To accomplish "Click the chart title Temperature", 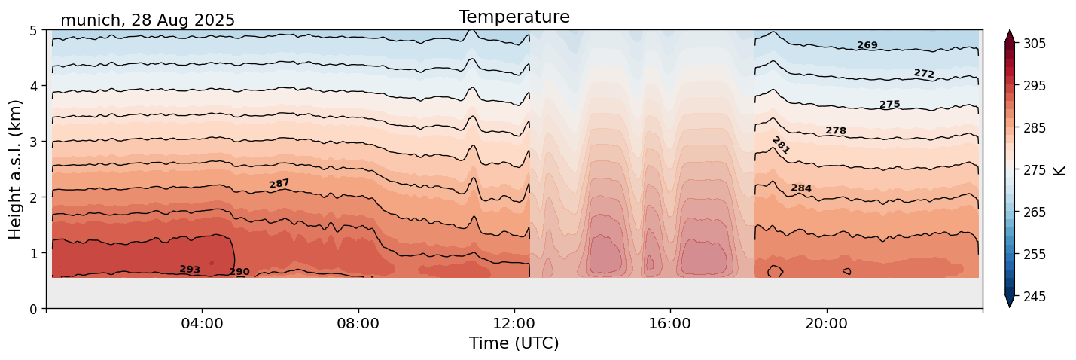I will [514, 17].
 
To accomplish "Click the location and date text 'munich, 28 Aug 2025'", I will [148, 20].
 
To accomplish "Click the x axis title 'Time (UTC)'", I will [514, 343].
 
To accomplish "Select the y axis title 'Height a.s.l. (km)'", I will [16, 169].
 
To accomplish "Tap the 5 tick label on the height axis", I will [34, 31].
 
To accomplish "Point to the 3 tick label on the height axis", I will [34, 142].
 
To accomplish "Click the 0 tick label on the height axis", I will [34, 309].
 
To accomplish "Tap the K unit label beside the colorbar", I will [1059, 170].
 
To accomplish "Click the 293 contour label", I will [190, 270].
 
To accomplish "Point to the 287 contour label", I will [279, 184].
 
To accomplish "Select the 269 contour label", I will [867, 46].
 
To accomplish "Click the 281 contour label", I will [781, 145].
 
